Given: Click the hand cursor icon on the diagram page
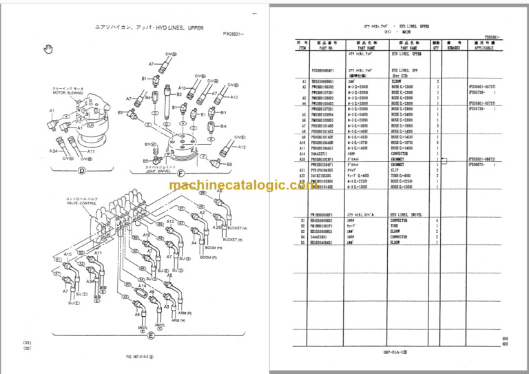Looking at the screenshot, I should [48, 48].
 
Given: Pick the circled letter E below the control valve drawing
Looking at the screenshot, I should [150, 335].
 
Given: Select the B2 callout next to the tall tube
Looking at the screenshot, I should [180, 94].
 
